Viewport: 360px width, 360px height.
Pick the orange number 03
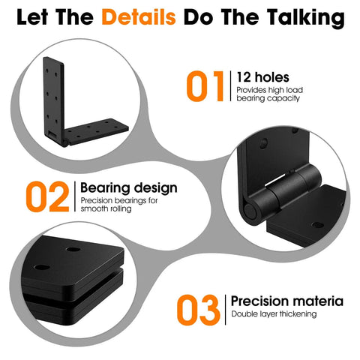coord(198,309)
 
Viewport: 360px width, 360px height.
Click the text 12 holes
coord(261,77)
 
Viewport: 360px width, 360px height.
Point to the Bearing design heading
coord(128,187)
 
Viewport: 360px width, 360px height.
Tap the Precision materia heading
coord(282,300)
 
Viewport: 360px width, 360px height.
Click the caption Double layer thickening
coord(274,313)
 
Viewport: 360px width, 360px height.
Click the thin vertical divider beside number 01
coord(228,86)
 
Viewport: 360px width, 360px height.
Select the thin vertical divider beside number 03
coord(224,309)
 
